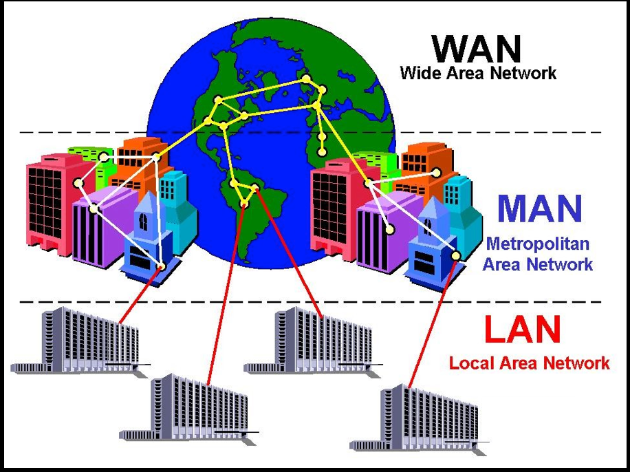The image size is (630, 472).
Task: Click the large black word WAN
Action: (477, 47)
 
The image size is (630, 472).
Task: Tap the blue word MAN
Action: (540, 208)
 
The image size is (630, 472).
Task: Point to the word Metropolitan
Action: (537, 244)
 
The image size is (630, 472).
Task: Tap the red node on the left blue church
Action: (162, 266)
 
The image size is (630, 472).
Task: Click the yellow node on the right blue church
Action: (455, 256)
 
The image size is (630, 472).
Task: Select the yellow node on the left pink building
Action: (79, 183)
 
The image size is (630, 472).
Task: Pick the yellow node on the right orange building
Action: (436, 172)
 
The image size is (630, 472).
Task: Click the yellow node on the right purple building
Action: (390, 229)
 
